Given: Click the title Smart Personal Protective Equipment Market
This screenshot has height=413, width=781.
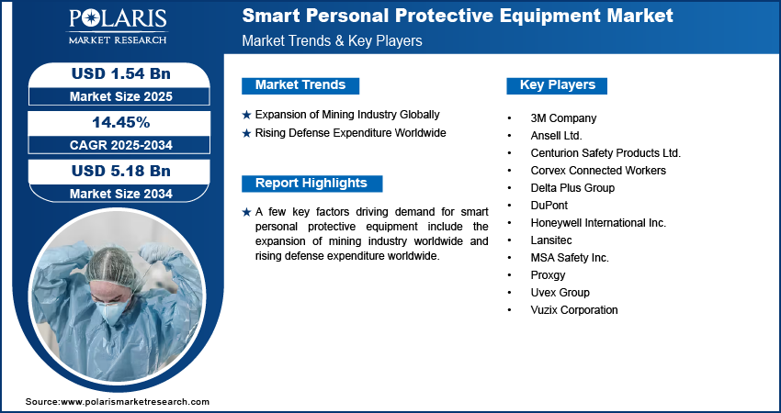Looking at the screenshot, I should (x=458, y=16).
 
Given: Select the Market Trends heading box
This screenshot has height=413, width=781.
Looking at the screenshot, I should (x=300, y=85).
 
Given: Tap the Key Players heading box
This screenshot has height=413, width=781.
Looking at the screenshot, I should (x=557, y=85).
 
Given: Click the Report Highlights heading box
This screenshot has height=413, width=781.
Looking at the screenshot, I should (x=311, y=184).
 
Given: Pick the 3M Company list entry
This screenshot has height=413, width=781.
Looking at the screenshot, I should (x=563, y=118).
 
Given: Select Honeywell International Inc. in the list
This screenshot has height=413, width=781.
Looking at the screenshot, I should (x=597, y=223).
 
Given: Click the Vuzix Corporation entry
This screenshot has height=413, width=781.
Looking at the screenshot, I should (x=573, y=310).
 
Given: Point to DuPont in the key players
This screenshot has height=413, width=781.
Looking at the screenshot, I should (x=550, y=206).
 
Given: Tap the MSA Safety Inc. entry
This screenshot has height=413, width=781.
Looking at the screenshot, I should (x=569, y=258).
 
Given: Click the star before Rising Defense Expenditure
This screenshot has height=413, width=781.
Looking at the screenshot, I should (x=246, y=133).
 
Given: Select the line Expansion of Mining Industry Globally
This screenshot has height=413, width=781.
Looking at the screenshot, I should (x=346, y=115).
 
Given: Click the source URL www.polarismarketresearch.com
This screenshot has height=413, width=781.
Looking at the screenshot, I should (x=135, y=402).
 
